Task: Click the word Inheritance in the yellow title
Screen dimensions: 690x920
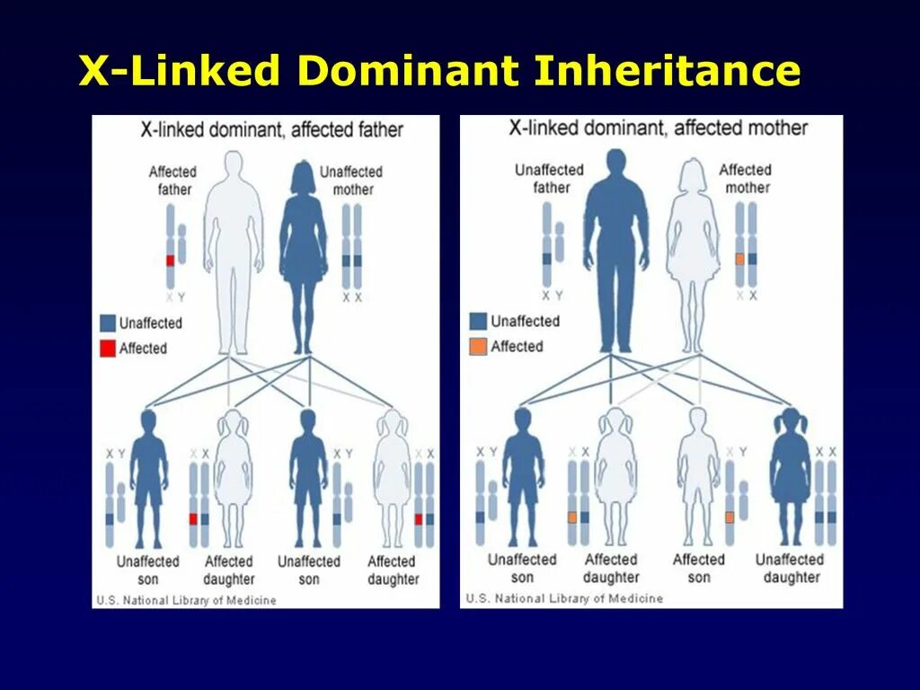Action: (x=667, y=71)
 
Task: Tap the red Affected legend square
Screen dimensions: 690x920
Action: (x=108, y=348)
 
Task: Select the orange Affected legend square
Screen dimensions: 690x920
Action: (x=478, y=346)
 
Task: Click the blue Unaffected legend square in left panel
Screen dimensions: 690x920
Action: (x=108, y=323)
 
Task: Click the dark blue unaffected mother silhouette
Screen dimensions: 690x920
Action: (x=304, y=256)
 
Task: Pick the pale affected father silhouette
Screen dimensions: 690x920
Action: (x=233, y=252)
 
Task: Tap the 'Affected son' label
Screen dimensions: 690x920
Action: (x=698, y=568)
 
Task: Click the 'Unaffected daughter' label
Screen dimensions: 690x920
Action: (x=790, y=568)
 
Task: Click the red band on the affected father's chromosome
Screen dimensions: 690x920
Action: (x=170, y=261)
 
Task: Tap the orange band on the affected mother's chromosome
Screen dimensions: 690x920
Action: (x=739, y=259)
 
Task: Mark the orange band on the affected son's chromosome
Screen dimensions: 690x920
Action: (x=730, y=517)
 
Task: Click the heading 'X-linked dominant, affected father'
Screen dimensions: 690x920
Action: (x=272, y=129)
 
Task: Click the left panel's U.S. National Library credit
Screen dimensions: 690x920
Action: (x=186, y=600)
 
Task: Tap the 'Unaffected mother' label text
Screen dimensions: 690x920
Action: (x=352, y=180)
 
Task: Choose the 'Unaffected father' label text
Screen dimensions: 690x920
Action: (x=550, y=178)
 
